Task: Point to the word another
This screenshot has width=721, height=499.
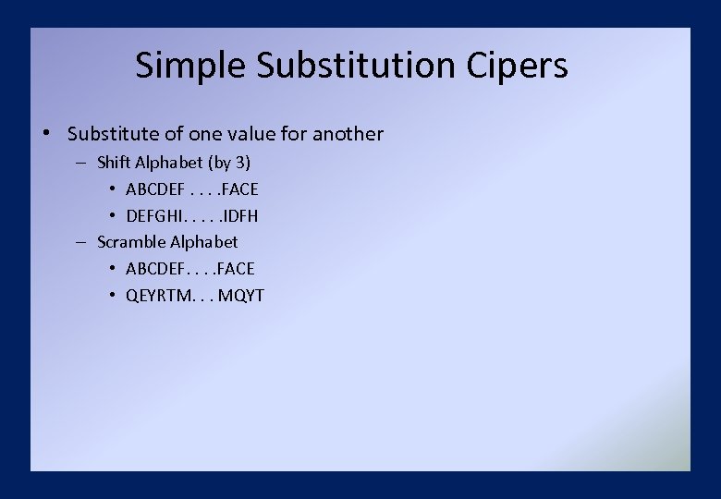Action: pyautogui.click(x=348, y=134)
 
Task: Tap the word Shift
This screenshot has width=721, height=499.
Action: pyautogui.click(x=114, y=163)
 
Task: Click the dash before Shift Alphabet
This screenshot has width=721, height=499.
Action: pyautogui.click(x=80, y=163)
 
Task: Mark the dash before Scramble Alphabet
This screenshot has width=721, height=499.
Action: pyautogui.click(x=80, y=242)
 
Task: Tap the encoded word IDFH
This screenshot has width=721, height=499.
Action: pyautogui.click(x=238, y=216)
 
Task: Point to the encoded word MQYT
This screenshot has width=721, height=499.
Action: pyautogui.click(x=241, y=296)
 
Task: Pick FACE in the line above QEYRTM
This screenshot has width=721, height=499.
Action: pyautogui.click(x=234, y=269)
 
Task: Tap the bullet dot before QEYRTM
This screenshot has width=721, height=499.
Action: pyautogui.click(x=111, y=296)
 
